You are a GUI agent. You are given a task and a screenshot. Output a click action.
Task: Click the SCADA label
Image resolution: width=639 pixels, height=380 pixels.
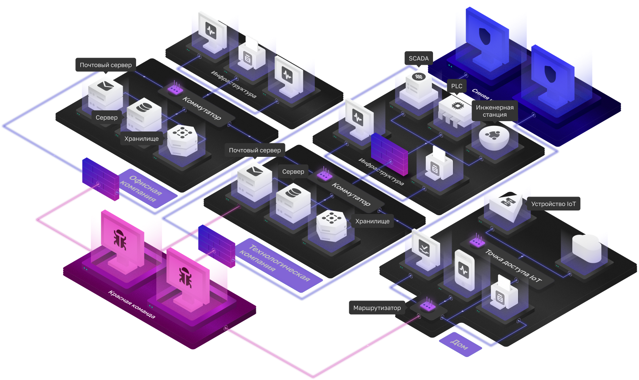[x=418, y=58]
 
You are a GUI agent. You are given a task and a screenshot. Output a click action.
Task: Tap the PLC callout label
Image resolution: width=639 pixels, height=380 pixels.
[x=456, y=86]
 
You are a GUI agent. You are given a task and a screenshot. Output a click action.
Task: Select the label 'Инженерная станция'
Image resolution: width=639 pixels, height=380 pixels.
[x=495, y=111]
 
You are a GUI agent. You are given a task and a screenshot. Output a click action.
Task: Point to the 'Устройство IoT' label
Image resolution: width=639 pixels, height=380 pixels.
[x=553, y=204]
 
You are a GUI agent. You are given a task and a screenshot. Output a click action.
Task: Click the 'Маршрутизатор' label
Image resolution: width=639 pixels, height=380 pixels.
[x=377, y=308]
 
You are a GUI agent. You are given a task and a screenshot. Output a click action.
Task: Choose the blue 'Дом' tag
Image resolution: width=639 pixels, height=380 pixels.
[x=460, y=345]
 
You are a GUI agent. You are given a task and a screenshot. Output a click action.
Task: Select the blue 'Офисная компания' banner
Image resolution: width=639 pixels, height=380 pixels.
[x=141, y=188]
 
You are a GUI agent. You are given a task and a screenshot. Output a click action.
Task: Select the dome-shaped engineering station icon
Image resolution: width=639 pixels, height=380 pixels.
[x=494, y=137]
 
